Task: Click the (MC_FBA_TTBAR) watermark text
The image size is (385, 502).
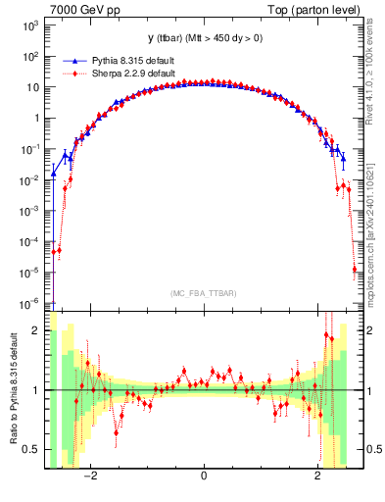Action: coord(204,294)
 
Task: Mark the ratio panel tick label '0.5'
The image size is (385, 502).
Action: coord(30,449)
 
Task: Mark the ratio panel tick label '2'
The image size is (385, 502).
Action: coord(35,330)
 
